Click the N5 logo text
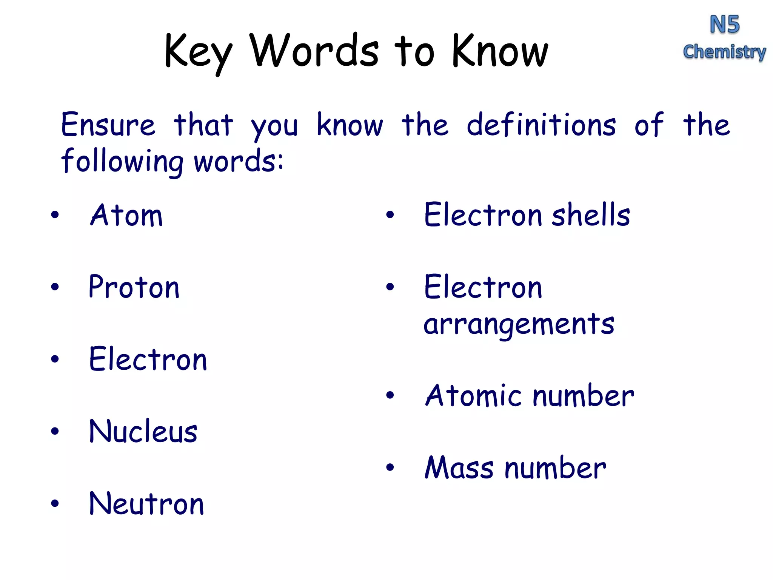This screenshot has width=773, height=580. (x=724, y=25)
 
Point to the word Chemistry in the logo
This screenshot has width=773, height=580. (x=724, y=52)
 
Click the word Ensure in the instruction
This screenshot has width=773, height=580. (x=108, y=125)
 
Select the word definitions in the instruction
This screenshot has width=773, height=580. (x=541, y=125)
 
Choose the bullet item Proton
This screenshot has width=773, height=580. (x=134, y=287)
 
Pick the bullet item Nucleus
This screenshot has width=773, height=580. (x=143, y=432)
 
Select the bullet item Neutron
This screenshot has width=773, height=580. (x=146, y=504)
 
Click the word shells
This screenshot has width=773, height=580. (x=591, y=215)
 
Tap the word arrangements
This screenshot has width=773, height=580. (x=519, y=324)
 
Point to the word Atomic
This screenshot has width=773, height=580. (x=473, y=396)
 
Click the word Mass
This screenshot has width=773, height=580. (x=459, y=468)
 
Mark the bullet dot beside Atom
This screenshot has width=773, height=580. (x=55, y=215)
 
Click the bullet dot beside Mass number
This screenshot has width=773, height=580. (x=390, y=467)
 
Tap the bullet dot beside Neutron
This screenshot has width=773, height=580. (x=55, y=503)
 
